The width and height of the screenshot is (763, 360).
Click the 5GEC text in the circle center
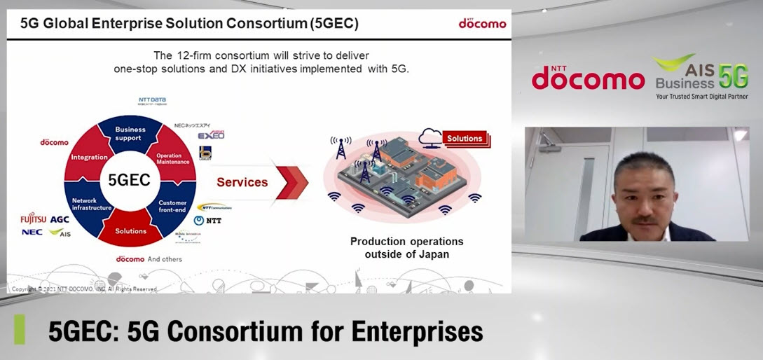[129, 180]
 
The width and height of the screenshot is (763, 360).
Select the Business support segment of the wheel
[130, 133]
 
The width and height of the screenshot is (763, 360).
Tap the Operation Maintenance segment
[172, 158]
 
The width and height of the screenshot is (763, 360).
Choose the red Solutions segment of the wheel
[130, 230]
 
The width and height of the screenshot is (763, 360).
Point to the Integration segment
[89, 157]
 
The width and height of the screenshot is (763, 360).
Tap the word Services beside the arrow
[242, 182]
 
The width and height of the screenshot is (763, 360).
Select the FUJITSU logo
[33, 219]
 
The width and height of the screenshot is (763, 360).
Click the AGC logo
[60, 219]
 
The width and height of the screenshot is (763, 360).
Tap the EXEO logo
[211, 134]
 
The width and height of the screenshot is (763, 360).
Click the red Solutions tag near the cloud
[465, 138]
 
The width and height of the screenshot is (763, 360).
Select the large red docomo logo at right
[587, 78]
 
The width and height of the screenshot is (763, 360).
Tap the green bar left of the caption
[20, 330]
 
